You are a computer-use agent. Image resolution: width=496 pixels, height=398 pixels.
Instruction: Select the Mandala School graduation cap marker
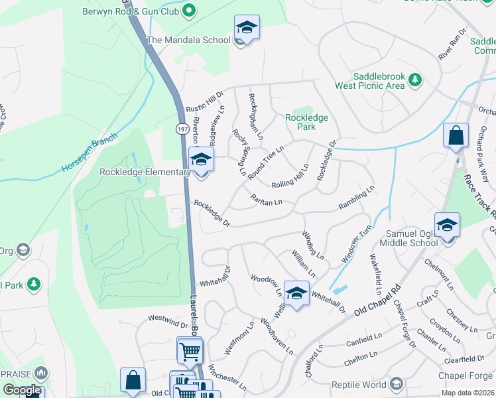point(247,28)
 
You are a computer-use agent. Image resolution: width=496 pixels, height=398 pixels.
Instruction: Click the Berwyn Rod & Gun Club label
point(130,11)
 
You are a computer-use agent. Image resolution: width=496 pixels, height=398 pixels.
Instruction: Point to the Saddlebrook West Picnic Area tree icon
point(415,80)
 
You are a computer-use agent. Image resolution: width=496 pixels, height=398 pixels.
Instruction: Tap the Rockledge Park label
point(306,121)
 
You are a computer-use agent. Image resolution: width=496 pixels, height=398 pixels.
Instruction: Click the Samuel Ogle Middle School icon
point(448,226)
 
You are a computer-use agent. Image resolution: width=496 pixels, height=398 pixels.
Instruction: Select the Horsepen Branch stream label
point(90,153)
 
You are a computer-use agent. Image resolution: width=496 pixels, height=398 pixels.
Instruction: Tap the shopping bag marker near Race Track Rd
point(456,137)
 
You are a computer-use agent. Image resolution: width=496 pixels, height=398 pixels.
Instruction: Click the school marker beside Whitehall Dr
point(296,293)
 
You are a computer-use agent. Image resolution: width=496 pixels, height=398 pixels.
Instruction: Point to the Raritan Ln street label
point(267,199)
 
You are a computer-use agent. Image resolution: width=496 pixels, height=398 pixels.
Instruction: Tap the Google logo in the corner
point(22,390)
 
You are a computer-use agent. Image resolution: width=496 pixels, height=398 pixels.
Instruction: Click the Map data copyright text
point(467,393)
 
